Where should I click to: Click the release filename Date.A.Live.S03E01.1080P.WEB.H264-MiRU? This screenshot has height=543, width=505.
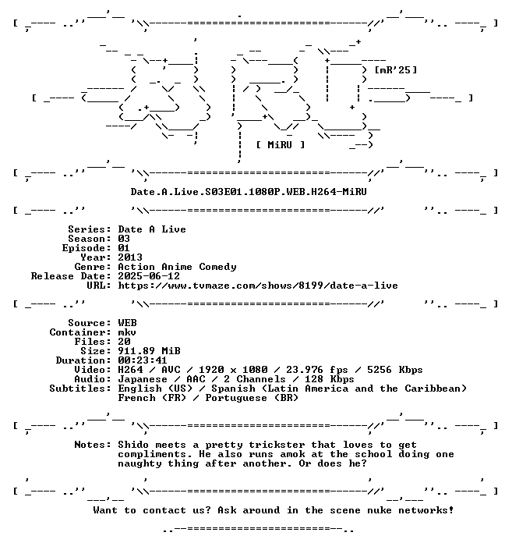coord(249,191)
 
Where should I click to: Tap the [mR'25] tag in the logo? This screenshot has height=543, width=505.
coord(396,70)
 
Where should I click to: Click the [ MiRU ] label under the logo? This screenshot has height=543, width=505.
coord(281,145)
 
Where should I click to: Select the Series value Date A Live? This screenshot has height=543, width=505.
coord(152,229)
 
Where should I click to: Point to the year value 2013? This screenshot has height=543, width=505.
coord(130,257)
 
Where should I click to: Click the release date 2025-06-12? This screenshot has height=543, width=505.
coord(149,276)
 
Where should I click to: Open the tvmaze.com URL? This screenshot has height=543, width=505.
coord(258,286)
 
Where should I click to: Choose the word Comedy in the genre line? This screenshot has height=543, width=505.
coord(217,267)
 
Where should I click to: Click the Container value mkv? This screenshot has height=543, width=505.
coord(127,332)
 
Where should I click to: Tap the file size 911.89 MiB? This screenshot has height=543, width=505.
coord(149,351)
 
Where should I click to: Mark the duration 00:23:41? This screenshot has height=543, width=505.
coord(143,360)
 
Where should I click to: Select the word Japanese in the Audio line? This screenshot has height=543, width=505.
coord(143,379)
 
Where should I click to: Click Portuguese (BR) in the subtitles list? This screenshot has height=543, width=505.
coord(252,398)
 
